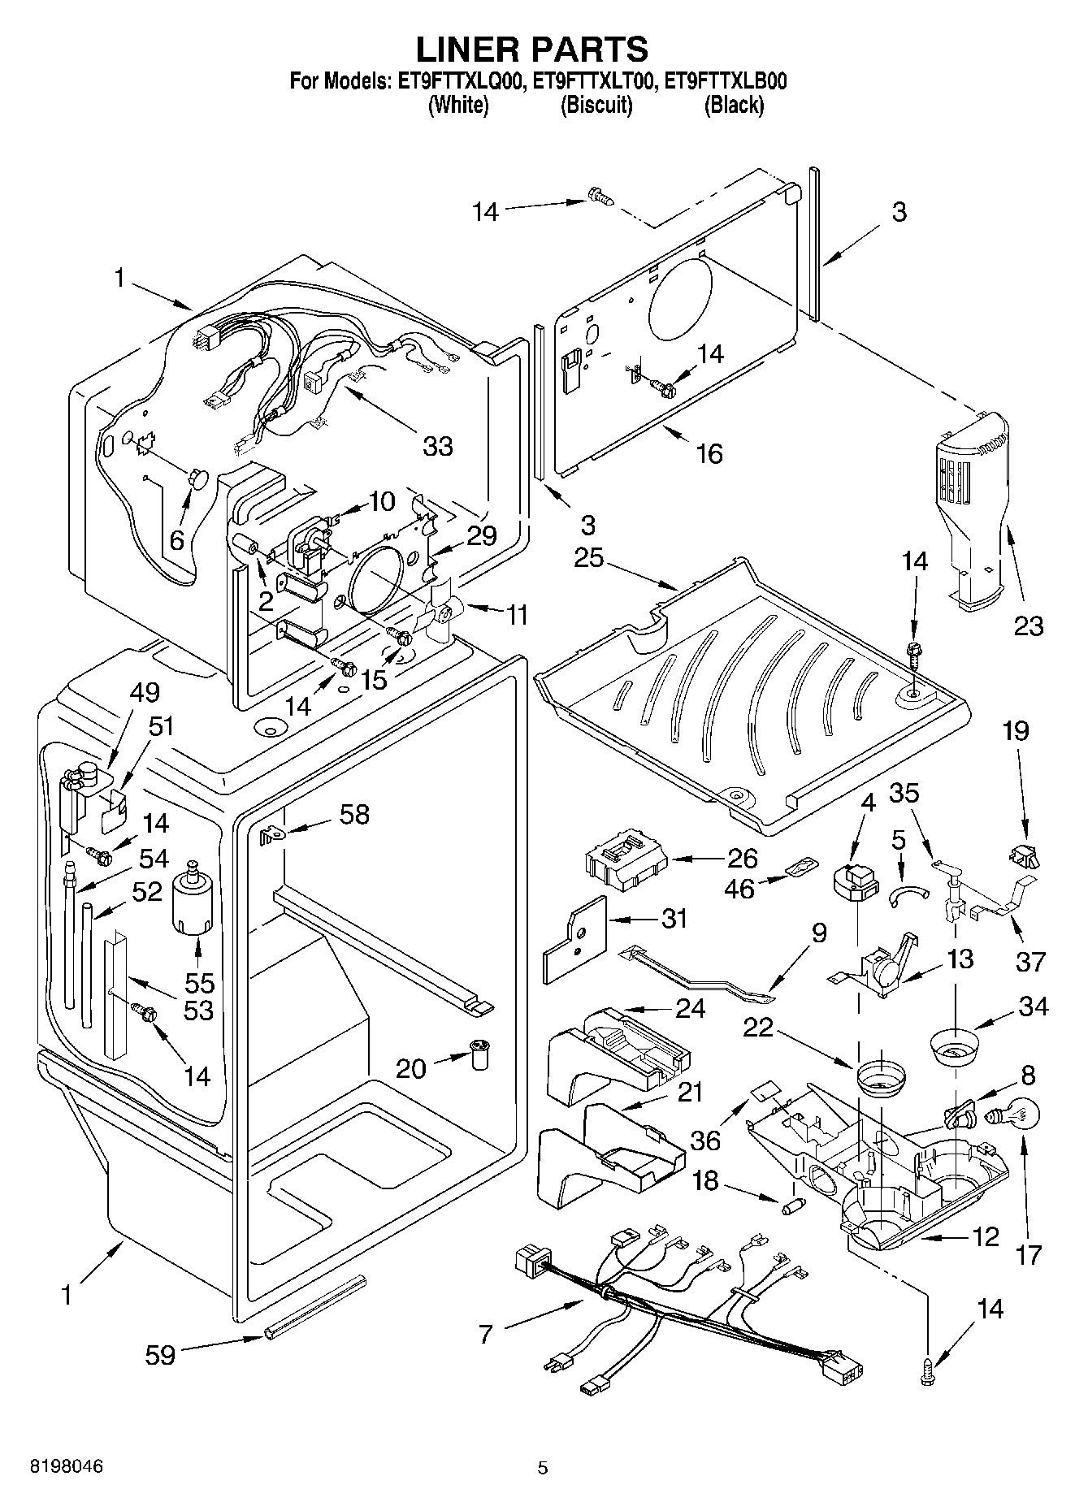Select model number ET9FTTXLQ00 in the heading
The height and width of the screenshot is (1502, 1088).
(x=457, y=81)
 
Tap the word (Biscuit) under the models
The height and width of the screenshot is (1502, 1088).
(x=596, y=105)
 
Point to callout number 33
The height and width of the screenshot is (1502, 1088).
(x=438, y=446)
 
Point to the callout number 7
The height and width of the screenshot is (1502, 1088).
(x=485, y=1334)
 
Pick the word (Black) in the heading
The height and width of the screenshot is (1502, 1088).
(x=734, y=105)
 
